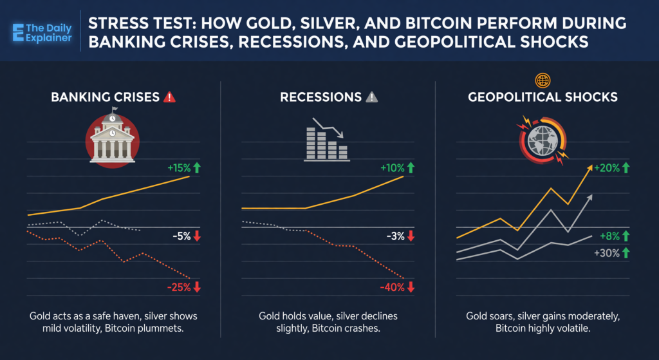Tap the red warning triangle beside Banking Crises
click(170, 98)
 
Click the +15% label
click(178, 168)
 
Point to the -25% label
click(178, 287)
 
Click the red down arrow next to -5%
click(197, 236)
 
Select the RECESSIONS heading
click(320, 98)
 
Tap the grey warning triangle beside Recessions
click(371, 98)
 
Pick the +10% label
click(392, 168)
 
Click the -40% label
click(392, 287)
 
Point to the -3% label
click(395, 236)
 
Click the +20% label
click(607, 168)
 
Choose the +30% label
click(607, 253)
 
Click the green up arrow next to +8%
click(625, 236)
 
